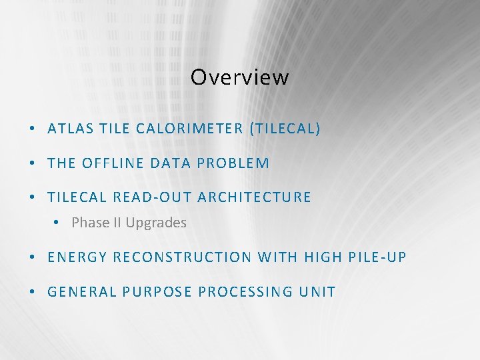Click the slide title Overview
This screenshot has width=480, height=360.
(x=239, y=77)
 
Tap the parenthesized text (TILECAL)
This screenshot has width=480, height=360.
(x=285, y=129)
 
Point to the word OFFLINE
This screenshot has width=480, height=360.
(x=111, y=163)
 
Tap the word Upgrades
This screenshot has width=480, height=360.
(x=156, y=223)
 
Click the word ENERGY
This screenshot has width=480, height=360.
(x=77, y=257)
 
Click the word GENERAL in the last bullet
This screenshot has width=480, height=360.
(x=79, y=292)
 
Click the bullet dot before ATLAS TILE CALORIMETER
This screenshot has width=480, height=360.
(x=33, y=129)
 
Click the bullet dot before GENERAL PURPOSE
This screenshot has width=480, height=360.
(x=33, y=292)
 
